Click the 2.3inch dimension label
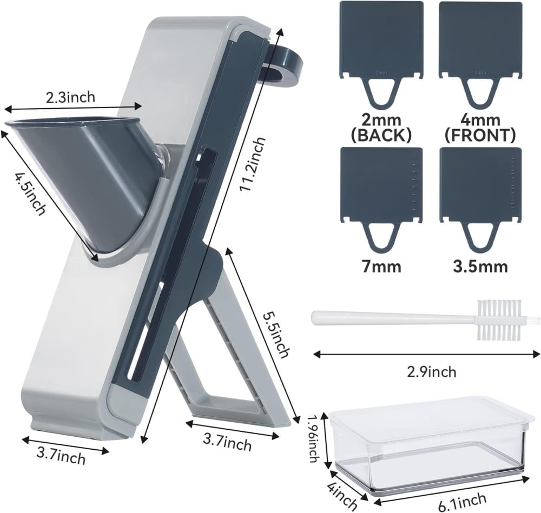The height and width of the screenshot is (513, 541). coord(70,97)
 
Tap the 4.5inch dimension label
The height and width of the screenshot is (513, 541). coord(30,194)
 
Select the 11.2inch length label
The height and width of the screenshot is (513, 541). coord(253,164)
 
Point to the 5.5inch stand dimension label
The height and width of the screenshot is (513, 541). coord(276,335)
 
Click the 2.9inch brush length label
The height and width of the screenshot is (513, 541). coord(431,372)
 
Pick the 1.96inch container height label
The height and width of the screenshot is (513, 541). coord(313,438)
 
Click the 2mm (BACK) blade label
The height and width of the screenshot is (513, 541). coord(381,128)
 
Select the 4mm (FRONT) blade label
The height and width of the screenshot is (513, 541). coord(480,128)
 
